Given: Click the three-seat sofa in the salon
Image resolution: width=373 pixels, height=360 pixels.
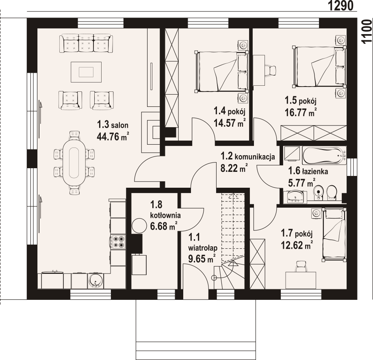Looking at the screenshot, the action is (x=86, y=43).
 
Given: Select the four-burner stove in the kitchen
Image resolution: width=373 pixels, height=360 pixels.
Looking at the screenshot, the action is (x=118, y=242).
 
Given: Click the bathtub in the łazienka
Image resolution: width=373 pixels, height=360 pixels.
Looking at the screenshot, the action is (x=324, y=155).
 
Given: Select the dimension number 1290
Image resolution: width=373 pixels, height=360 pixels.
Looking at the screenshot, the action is (x=341, y=6).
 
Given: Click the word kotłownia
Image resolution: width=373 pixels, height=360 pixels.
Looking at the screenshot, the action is (x=165, y=215).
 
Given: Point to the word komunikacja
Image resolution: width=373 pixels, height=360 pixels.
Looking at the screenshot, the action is (x=255, y=156).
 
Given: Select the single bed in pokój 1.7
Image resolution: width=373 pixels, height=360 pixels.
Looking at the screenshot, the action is (x=334, y=234).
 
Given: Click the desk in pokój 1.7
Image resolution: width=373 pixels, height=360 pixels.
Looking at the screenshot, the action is (x=301, y=280).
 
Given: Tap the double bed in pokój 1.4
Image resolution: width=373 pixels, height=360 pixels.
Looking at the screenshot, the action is (x=221, y=71).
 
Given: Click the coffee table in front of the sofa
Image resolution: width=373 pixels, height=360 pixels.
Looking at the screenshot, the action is (x=86, y=72).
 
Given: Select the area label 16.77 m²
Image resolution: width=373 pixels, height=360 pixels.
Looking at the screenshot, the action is (x=301, y=112).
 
